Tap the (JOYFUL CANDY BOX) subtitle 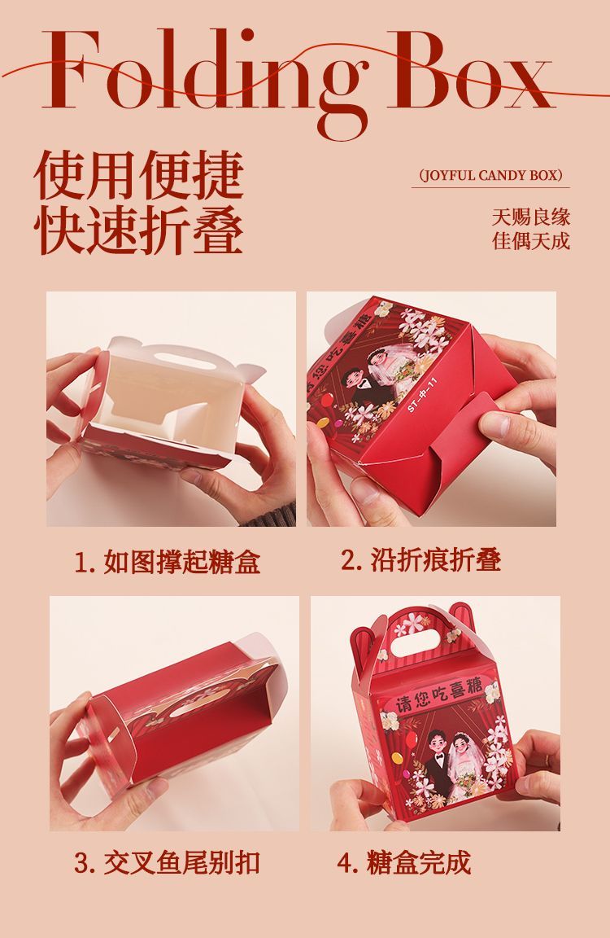click(490, 175)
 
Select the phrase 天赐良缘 click(531, 217)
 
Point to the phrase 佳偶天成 click(531, 240)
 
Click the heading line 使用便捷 click(138, 175)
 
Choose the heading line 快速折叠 click(138, 230)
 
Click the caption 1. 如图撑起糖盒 click(168, 563)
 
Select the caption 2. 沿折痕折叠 click(420, 560)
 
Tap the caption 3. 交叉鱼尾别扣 click(167, 863)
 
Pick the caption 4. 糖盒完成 click(404, 862)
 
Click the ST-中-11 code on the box click(423, 395)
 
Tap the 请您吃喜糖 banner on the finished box click(440, 695)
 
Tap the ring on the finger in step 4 click(547, 760)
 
